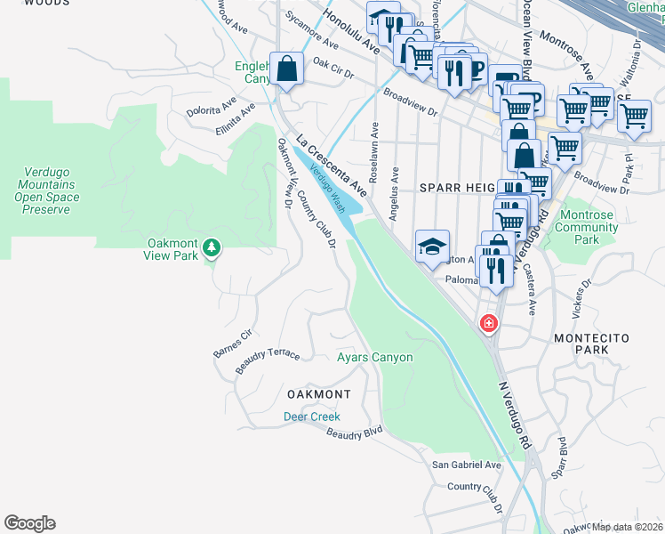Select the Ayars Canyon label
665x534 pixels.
pyautogui.click(x=374, y=358)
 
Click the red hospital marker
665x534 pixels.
pyautogui.click(x=488, y=323)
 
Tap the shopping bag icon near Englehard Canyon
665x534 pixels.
pyautogui.click(x=287, y=69)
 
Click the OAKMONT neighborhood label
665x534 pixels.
pyautogui.click(x=318, y=393)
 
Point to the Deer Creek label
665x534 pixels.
pyautogui.click(x=311, y=417)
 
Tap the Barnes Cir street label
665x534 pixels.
pyautogui.click(x=233, y=344)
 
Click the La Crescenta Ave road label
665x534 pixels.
pyautogui.click(x=332, y=166)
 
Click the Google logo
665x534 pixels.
pyautogui.click(x=29, y=523)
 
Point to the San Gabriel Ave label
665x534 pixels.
pyautogui.click(x=467, y=465)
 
